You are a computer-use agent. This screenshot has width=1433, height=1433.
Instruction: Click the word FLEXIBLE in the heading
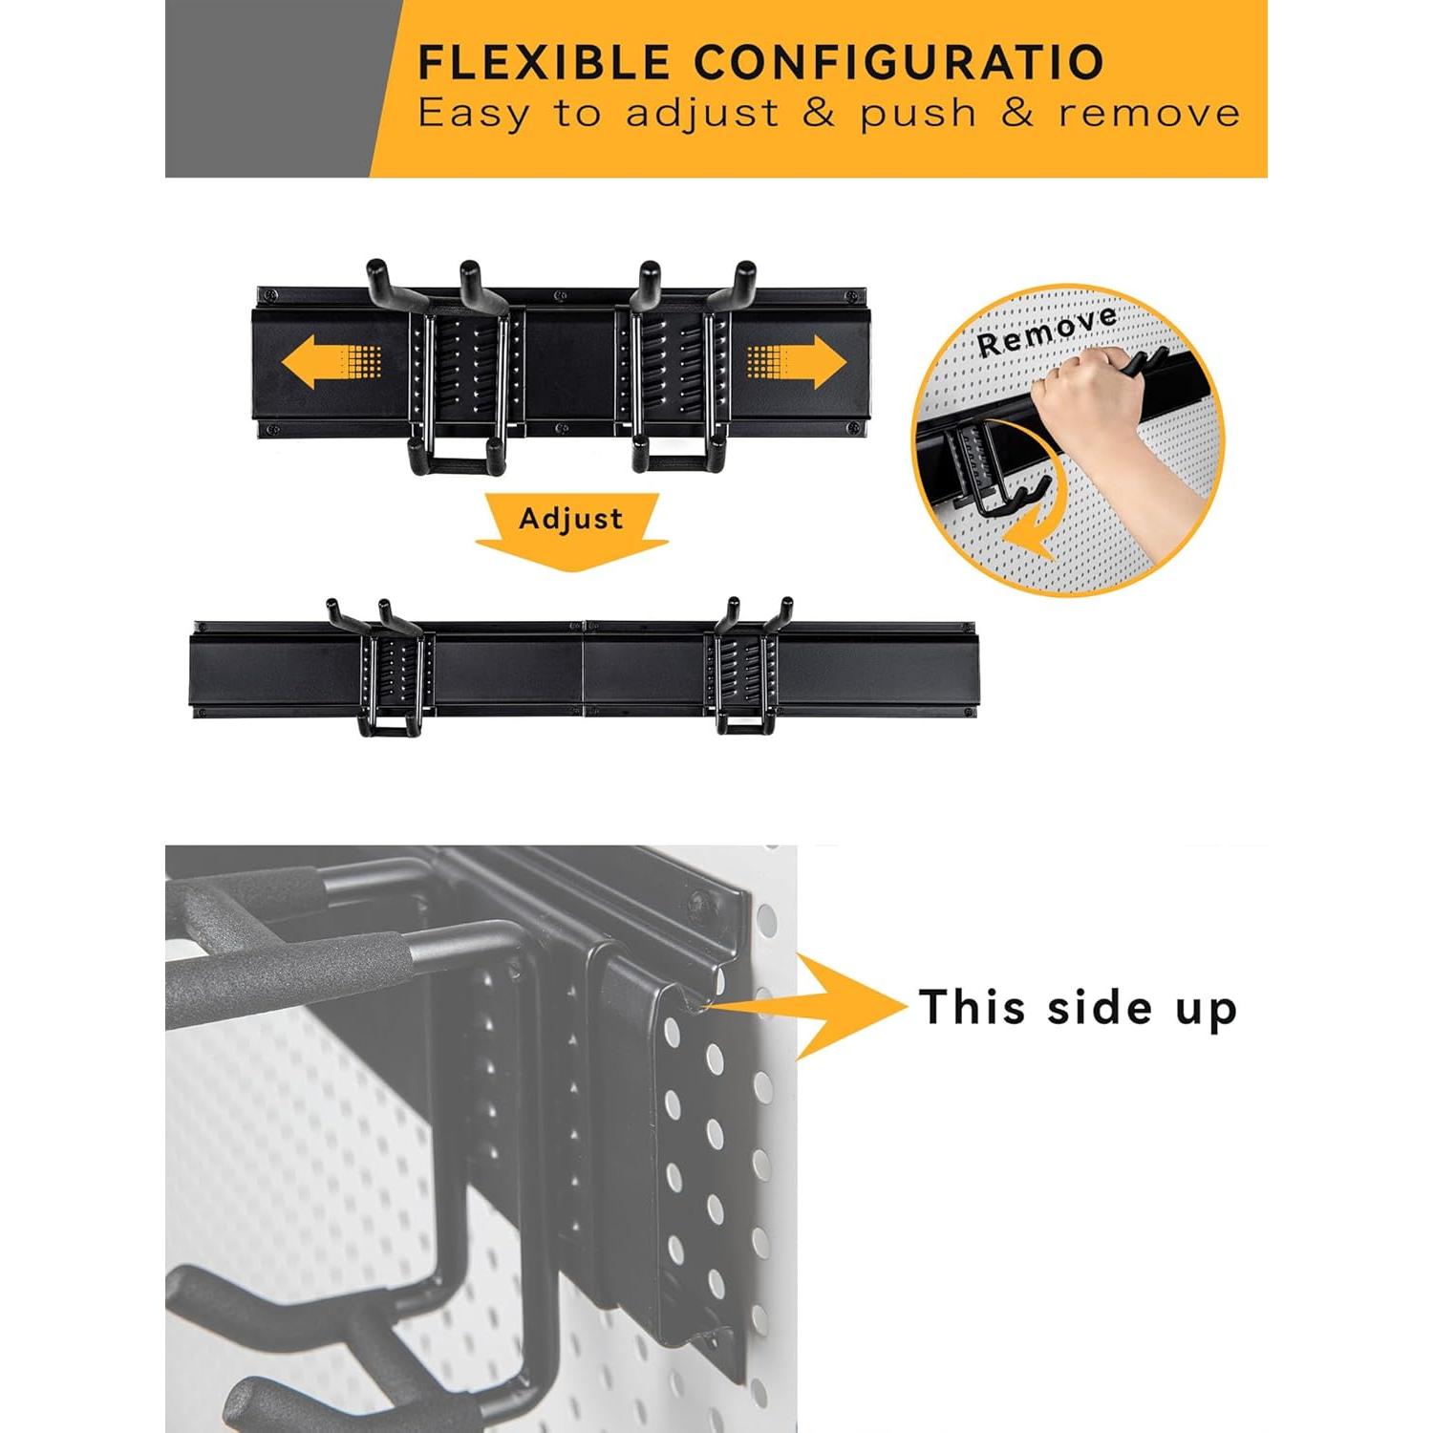[x=545, y=63]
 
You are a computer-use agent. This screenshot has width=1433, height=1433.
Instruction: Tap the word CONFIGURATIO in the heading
[x=899, y=63]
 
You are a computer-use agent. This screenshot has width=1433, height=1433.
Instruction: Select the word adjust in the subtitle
[x=702, y=114]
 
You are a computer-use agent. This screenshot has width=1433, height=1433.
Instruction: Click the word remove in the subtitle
[x=1149, y=114]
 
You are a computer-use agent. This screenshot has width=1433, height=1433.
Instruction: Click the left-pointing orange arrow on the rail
[x=330, y=363]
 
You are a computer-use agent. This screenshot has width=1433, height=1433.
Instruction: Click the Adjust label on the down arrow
[x=570, y=520]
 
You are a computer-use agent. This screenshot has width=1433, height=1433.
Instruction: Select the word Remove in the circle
[x=1046, y=330]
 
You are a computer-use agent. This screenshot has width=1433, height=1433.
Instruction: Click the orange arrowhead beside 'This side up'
[x=850, y=1006]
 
